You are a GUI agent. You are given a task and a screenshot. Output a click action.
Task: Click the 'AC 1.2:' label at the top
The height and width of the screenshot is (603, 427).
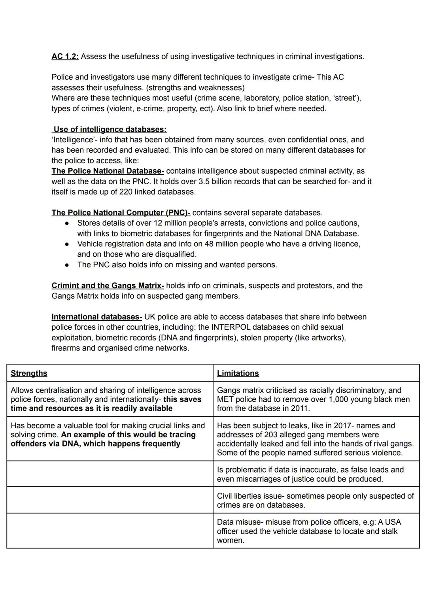(65, 57)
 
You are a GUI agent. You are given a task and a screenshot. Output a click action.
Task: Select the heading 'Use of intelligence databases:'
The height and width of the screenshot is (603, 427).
(110, 129)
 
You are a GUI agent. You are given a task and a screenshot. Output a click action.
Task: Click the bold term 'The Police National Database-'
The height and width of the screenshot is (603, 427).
(108, 171)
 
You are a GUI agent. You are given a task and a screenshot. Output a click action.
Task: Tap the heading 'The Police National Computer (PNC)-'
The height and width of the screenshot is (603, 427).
(121, 213)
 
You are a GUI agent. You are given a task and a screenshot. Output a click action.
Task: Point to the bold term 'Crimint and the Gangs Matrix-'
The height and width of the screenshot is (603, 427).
(108, 285)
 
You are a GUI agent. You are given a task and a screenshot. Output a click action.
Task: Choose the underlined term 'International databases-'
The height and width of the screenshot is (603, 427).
(96, 317)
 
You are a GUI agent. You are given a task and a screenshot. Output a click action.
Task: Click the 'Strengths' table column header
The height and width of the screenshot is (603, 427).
(29, 373)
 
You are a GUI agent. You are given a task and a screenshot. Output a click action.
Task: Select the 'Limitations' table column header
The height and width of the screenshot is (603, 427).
(238, 373)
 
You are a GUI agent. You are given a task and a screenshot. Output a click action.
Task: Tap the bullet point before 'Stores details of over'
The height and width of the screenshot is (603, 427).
(67, 223)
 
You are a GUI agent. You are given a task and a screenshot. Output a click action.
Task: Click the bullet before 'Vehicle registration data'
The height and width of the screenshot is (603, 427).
(67, 244)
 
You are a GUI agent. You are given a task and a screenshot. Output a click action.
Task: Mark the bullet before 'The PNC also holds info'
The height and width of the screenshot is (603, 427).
(67, 265)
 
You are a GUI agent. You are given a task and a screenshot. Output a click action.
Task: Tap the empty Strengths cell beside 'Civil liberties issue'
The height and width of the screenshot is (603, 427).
(110, 500)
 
